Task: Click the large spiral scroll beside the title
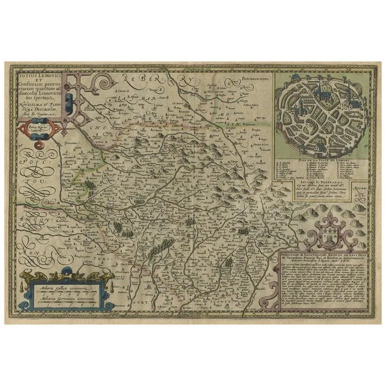point(108,81)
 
